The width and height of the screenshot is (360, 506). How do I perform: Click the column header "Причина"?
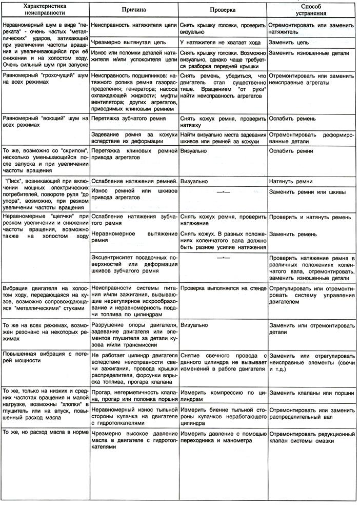coord(134,10)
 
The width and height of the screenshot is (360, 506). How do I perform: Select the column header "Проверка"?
coord(223,10)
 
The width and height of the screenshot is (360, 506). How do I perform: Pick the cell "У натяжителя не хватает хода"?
coord(217,42)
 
